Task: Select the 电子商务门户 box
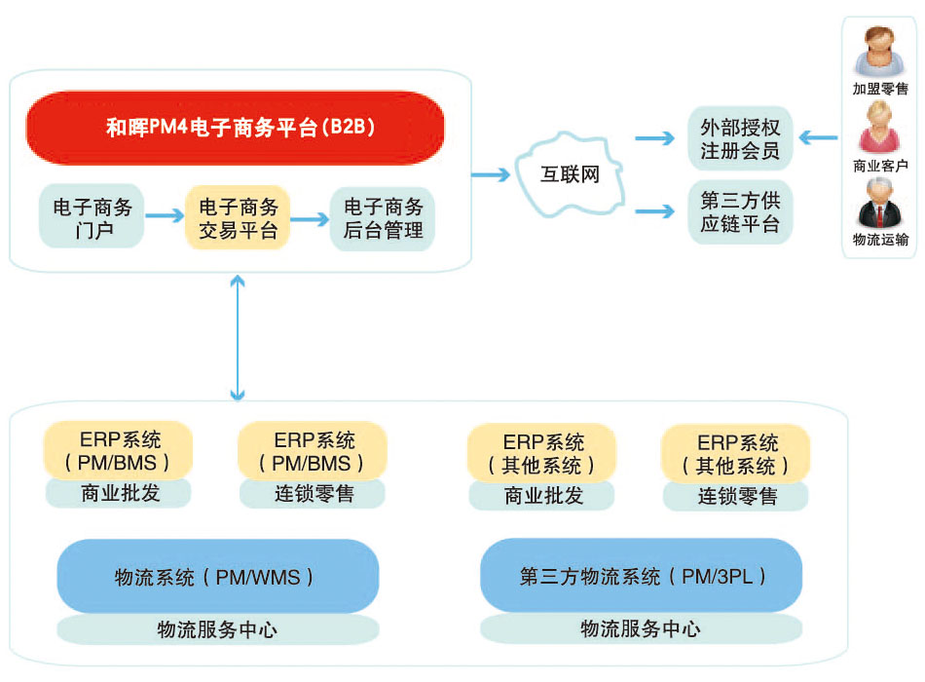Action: (x=92, y=218)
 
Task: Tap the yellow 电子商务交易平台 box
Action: (x=238, y=218)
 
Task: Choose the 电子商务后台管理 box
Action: (x=383, y=218)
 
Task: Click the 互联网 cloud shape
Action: (x=570, y=175)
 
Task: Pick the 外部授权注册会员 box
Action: (x=740, y=138)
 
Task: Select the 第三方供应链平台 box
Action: (x=740, y=211)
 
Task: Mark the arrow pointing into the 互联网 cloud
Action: (x=492, y=175)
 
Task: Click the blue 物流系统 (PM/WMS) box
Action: (x=217, y=577)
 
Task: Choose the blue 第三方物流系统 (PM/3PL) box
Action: (x=642, y=577)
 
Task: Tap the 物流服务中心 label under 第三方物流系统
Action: (x=642, y=628)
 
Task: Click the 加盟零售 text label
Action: (x=880, y=89)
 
